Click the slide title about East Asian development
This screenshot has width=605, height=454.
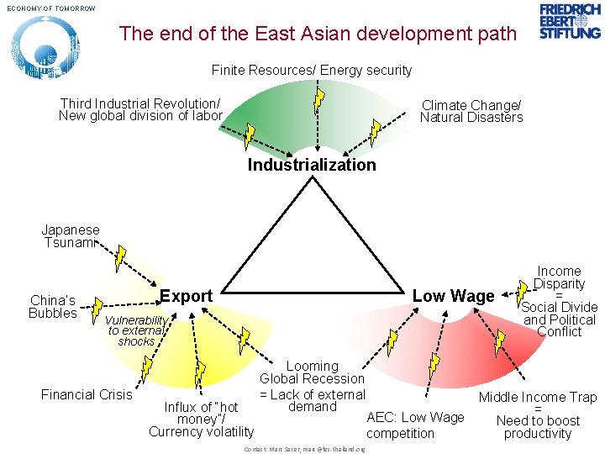pyautogui.click(x=318, y=34)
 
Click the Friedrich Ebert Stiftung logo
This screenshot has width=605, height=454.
pyautogui.click(x=570, y=21)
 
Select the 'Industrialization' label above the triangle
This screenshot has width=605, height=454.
pyautogui.click(x=312, y=165)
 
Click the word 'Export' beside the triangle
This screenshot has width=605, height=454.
pyautogui.click(x=186, y=296)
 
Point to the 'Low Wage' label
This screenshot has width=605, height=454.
pyautogui.click(x=453, y=296)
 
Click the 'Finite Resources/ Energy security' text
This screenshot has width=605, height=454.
pyautogui.click(x=312, y=71)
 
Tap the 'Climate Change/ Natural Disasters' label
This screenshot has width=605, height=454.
pyautogui.click(x=471, y=111)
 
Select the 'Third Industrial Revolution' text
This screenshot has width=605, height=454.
pyautogui.click(x=140, y=104)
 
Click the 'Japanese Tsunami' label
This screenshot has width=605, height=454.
pyautogui.click(x=71, y=236)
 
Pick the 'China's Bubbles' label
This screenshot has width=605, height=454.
pyautogui.click(x=52, y=307)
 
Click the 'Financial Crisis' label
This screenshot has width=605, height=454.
pyautogui.click(x=87, y=394)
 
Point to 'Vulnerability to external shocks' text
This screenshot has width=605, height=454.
pyautogui.click(x=136, y=331)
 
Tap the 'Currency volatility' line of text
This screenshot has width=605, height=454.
pyautogui.click(x=201, y=432)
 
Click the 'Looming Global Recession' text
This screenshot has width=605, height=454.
pyautogui.click(x=312, y=372)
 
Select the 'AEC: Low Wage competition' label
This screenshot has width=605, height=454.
pyautogui.click(x=415, y=425)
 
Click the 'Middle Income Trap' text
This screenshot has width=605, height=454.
pyautogui.click(x=538, y=397)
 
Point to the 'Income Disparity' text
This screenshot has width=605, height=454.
pyautogui.click(x=559, y=277)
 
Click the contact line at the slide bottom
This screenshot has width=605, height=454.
pyautogui.click(x=304, y=449)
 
